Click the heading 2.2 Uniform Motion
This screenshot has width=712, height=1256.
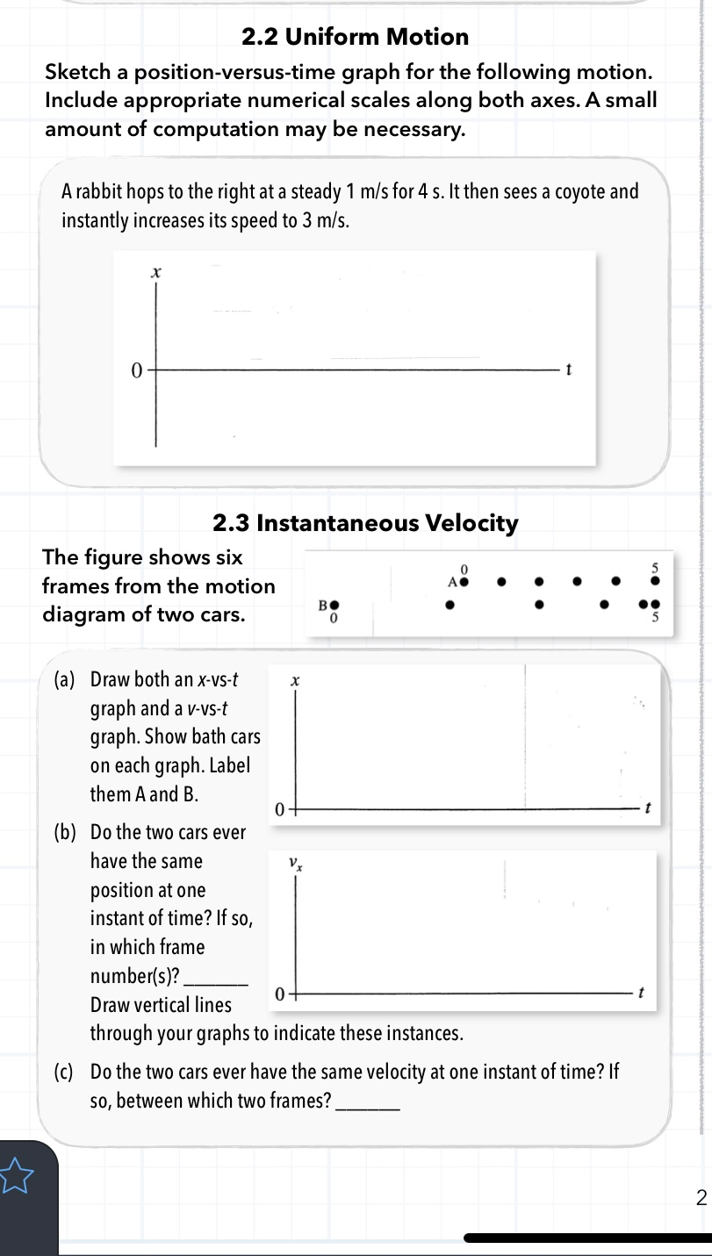point(355,37)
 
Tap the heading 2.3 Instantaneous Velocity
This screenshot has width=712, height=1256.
point(365,524)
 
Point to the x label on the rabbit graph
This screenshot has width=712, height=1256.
point(156,274)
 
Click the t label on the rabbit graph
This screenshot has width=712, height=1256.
point(569,370)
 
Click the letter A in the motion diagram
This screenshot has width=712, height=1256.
point(453,582)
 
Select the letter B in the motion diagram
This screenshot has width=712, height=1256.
point(322,605)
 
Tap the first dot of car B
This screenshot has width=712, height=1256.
point(334,605)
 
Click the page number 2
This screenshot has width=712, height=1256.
point(700,1197)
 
